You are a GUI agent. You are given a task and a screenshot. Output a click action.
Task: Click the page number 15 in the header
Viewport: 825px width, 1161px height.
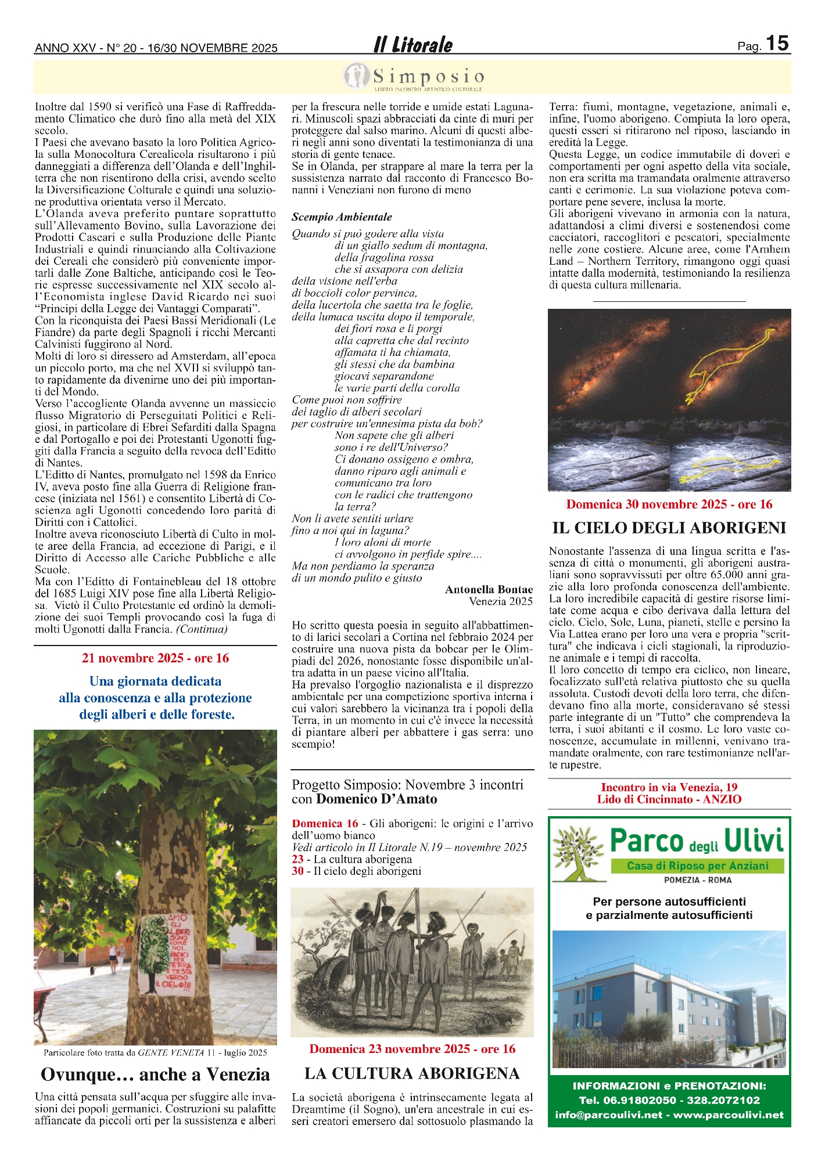click(x=777, y=43)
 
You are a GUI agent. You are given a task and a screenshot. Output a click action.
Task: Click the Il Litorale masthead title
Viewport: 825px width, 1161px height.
click(x=412, y=45)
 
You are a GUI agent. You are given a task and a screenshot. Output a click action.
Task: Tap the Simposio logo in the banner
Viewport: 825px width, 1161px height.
click(x=414, y=77)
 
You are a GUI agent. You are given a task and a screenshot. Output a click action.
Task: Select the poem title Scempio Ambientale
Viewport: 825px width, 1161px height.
click(x=342, y=217)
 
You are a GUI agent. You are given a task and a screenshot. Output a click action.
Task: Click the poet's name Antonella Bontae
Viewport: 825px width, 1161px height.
click(x=489, y=589)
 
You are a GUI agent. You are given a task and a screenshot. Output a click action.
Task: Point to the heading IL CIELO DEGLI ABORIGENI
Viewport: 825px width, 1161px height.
click(x=669, y=528)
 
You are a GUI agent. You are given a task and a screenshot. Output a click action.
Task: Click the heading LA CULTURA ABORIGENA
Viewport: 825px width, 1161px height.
click(x=412, y=1073)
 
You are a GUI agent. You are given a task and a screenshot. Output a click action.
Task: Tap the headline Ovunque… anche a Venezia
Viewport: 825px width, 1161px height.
click(x=155, y=1075)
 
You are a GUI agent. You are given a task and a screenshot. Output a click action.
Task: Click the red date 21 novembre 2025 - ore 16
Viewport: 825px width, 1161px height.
click(x=155, y=658)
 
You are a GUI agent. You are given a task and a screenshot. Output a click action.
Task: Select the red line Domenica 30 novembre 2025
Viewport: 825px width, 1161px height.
click(x=669, y=504)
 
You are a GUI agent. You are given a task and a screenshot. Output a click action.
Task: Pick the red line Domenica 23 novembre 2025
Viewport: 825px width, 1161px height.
click(x=412, y=1048)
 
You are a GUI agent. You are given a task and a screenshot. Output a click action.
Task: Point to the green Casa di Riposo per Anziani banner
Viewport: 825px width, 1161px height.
click(x=697, y=866)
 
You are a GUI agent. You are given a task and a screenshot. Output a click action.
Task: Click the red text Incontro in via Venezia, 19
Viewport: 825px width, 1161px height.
click(x=669, y=787)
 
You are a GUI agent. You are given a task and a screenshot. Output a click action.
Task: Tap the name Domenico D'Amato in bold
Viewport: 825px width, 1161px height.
click(x=376, y=799)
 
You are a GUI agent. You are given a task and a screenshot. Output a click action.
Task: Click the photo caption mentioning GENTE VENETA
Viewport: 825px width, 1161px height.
click(x=155, y=1052)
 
